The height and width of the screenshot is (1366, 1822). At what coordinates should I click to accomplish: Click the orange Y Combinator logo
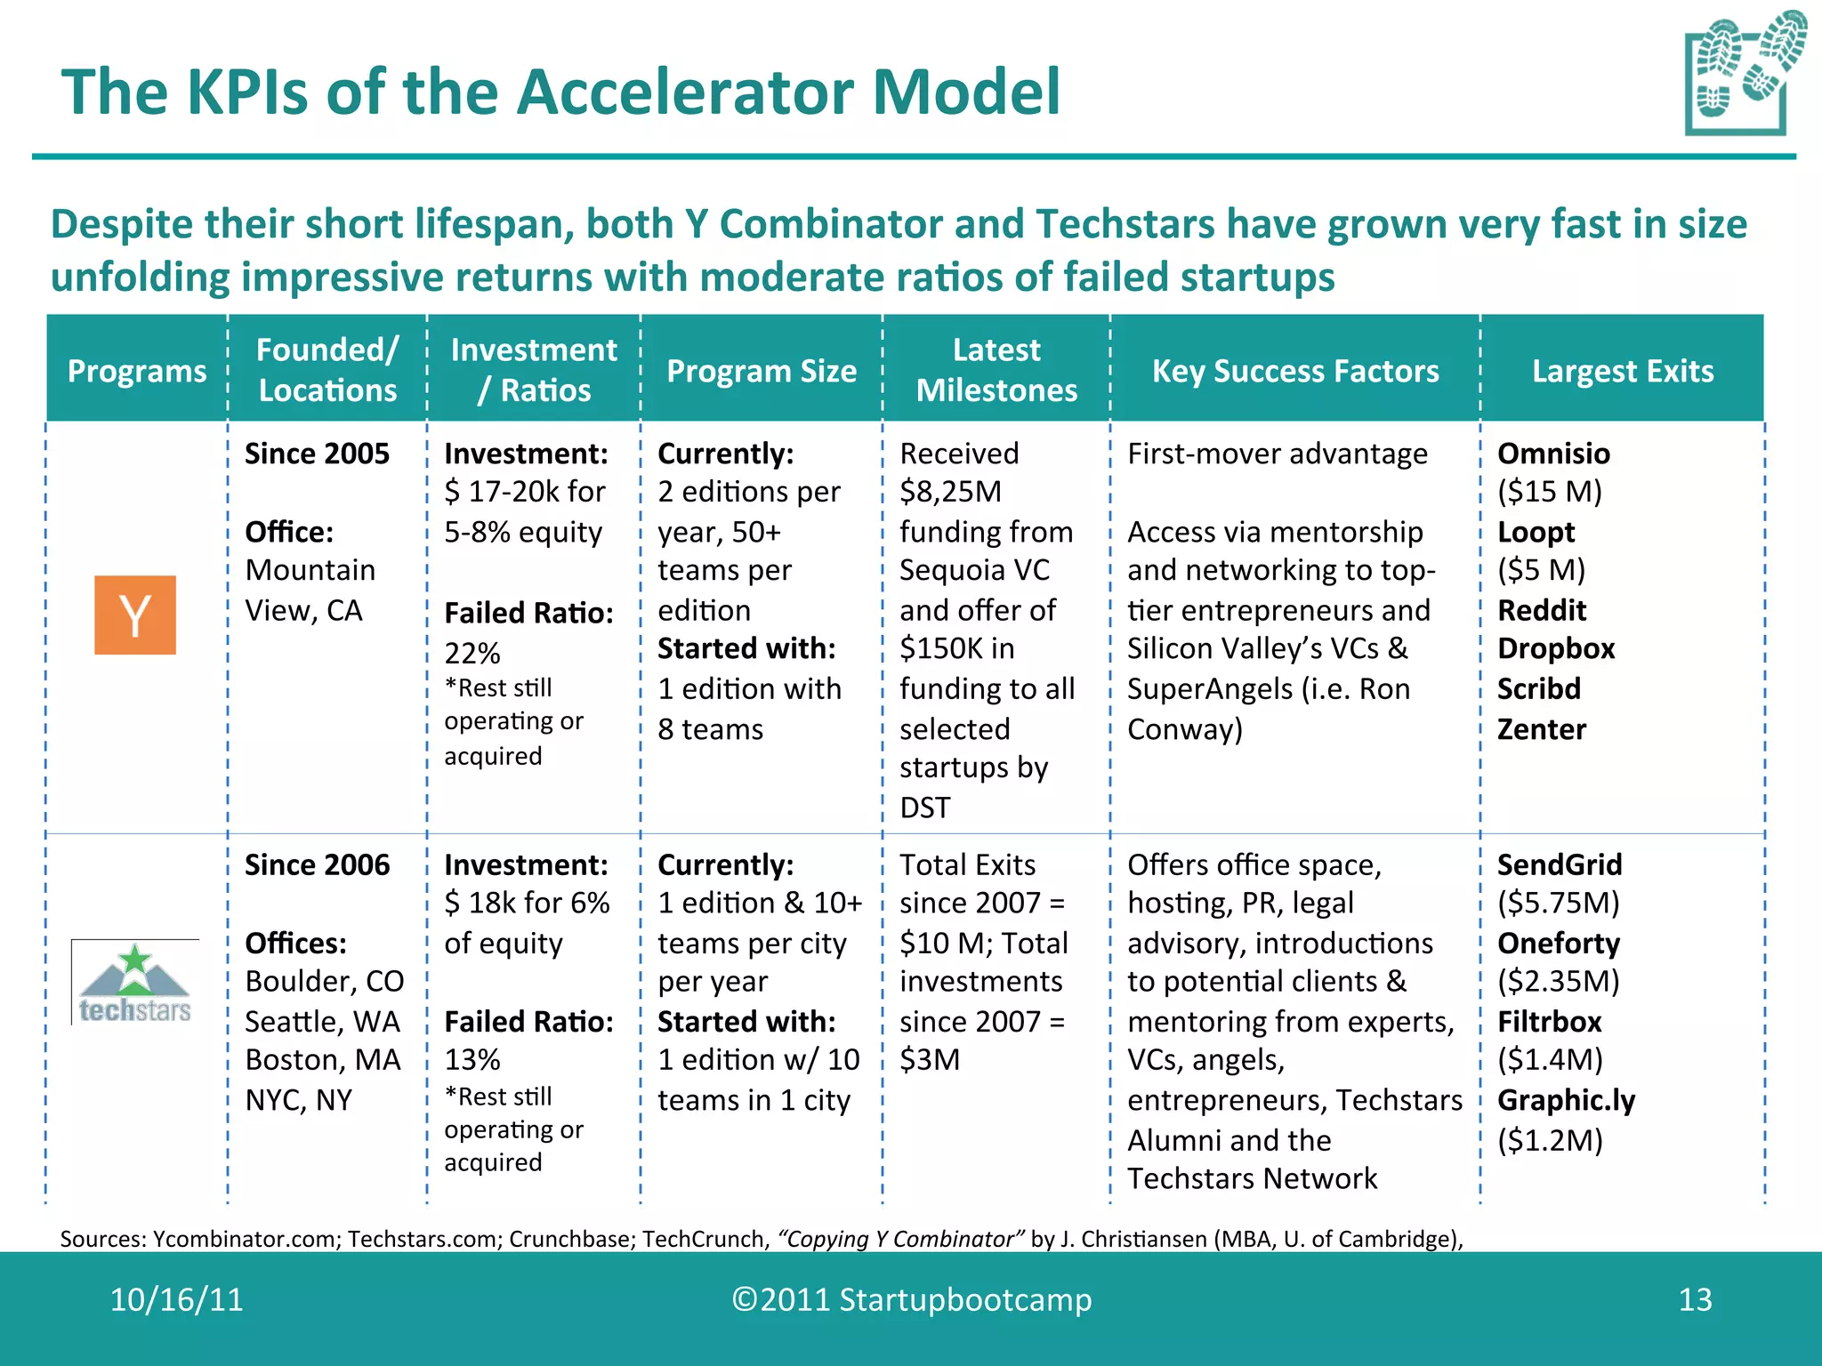click(x=135, y=615)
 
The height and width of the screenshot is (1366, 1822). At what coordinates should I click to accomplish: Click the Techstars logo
click(x=135, y=983)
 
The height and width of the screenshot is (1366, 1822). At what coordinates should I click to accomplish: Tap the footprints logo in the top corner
click(x=1744, y=73)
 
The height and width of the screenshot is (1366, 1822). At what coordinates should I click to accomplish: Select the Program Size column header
click(x=762, y=371)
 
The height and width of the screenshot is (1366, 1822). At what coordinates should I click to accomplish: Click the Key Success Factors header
click(x=1295, y=371)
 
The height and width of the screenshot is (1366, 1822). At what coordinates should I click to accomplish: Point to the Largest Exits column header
click(x=1622, y=371)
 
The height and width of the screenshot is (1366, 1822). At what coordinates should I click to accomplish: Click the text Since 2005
click(x=317, y=454)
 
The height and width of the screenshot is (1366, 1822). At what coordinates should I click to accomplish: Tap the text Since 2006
click(x=317, y=864)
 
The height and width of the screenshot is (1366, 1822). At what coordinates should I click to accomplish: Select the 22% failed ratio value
click(x=472, y=654)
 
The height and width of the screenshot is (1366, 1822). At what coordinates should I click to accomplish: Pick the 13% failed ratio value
click(x=472, y=1060)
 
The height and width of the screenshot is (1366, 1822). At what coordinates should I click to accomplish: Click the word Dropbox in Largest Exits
click(x=1556, y=648)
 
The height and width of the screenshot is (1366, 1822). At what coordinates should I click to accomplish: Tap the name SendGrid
click(x=1560, y=864)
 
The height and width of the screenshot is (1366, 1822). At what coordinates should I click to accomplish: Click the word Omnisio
click(x=1553, y=454)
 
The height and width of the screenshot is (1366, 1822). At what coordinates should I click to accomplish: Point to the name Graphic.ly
click(x=1566, y=1100)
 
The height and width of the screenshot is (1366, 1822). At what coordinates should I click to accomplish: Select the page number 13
click(x=1695, y=1300)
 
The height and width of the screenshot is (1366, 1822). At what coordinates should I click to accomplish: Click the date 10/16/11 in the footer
click(x=176, y=1300)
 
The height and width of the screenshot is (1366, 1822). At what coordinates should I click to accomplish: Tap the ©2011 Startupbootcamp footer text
click(x=911, y=1300)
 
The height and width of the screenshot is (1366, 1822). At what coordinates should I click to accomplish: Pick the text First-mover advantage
click(x=1277, y=454)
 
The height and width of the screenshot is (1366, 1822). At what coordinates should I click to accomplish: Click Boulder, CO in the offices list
click(x=324, y=981)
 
